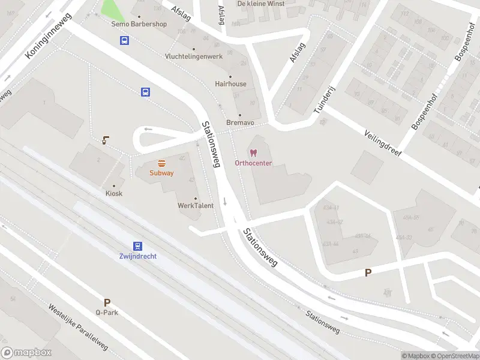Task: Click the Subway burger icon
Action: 161,163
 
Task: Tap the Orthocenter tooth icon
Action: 253,154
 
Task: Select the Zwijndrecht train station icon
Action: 138,246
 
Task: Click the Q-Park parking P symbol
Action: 107,303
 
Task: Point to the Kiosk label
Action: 114,193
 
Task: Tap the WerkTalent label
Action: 195,206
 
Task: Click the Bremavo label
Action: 240,122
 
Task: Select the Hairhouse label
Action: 230,84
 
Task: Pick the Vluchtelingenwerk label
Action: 193,56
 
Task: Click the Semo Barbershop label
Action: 139,24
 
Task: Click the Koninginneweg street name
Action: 49,36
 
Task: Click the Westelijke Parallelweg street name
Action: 78,327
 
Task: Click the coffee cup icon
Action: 106,140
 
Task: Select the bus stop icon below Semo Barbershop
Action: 124,41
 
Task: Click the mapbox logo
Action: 26,353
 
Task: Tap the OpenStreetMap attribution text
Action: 454,356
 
